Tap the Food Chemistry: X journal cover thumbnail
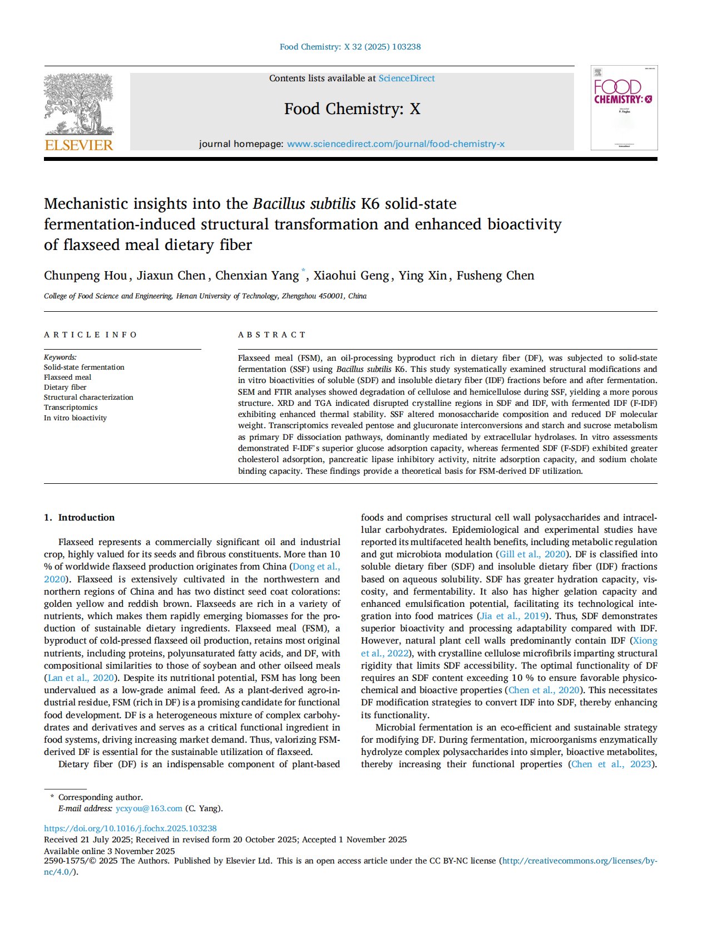624,108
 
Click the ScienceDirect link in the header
407,79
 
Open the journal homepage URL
396,144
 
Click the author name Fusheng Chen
495,276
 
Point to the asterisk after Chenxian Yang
304,271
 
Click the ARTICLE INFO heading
91,335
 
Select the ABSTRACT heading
272,335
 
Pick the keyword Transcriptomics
71,408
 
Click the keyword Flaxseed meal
67,377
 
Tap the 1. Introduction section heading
80,517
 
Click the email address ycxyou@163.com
149,808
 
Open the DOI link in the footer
130,828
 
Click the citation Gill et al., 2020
532,555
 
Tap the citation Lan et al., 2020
81,678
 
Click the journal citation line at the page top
350,47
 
